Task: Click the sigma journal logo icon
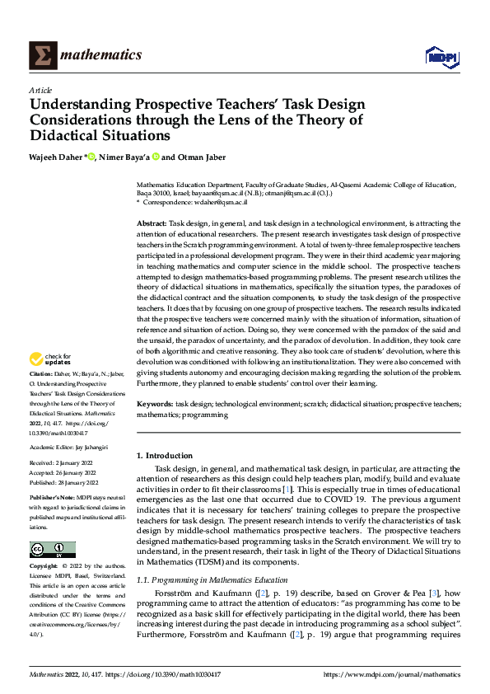pos(40,55)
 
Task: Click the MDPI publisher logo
pos(441,56)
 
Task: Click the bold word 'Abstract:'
pos(152,223)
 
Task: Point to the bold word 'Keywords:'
pos(155,405)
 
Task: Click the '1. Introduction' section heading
pos(165,456)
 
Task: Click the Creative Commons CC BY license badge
pos(52,550)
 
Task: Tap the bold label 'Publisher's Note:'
pos(52,499)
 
